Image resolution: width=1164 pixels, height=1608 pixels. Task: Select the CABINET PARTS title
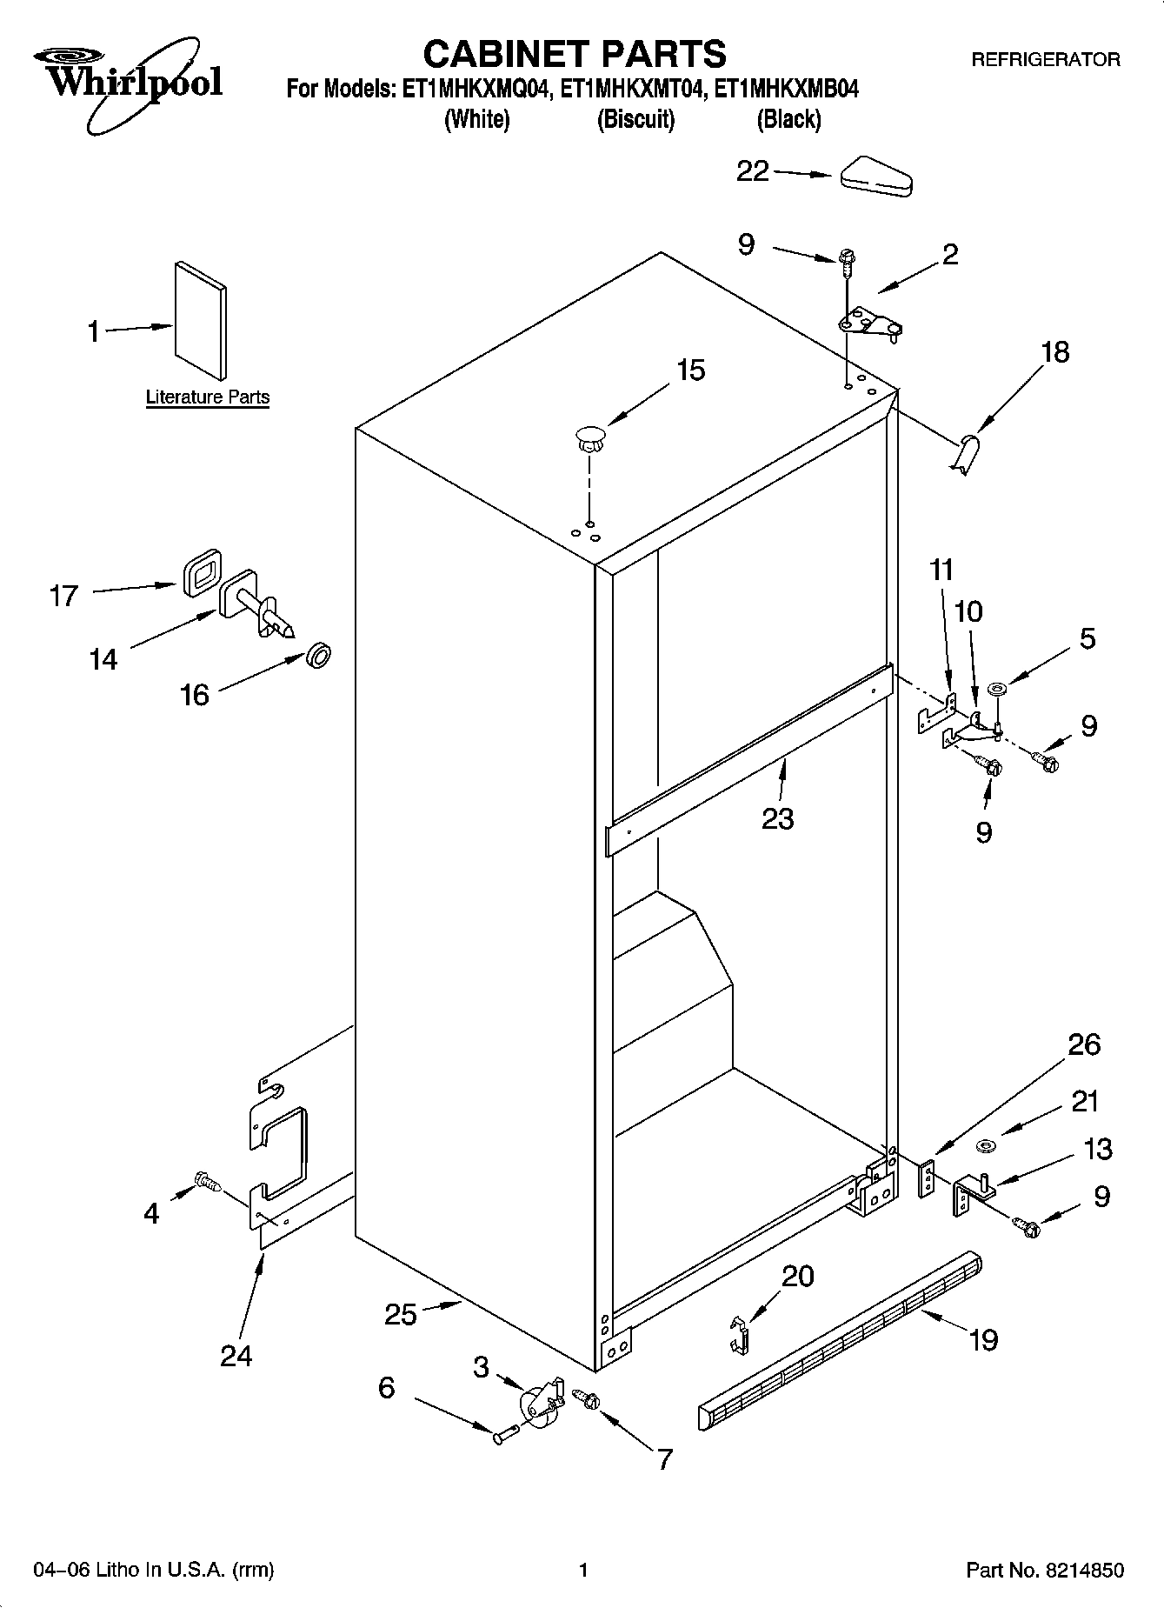pyautogui.click(x=574, y=54)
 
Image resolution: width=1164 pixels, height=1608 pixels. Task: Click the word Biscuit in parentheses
pyautogui.click(x=635, y=119)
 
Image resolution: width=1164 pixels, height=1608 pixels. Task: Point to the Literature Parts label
pyautogui.click(x=207, y=397)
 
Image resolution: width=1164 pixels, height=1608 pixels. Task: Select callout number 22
pyautogui.click(x=753, y=171)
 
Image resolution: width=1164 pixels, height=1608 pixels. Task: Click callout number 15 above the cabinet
pyautogui.click(x=690, y=370)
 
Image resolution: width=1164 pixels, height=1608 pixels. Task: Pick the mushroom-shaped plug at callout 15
pyautogui.click(x=589, y=437)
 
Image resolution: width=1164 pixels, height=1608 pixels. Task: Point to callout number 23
pyautogui.click(x=777, y=818)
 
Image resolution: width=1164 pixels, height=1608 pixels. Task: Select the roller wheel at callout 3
pyautogui.click(x=539, y=1403)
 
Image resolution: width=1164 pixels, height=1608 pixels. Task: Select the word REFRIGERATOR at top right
pyautogui.click(x=1045, y=60)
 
